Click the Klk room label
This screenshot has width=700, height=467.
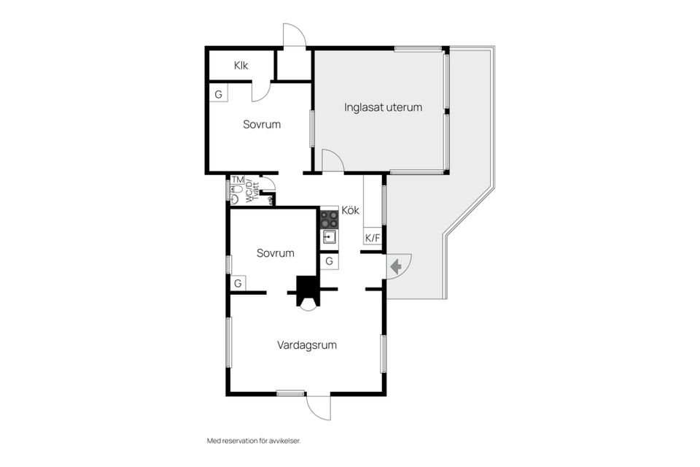tap(241, 66)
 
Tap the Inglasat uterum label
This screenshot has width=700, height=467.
tap(383, 107)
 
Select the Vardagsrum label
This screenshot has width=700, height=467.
tap(307, 345)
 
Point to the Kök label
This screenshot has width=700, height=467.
tap(351, 210)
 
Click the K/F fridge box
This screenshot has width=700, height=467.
tap(373, 238)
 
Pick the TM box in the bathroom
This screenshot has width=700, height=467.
tap(238, 180)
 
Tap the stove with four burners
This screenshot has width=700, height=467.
tap(330, 219)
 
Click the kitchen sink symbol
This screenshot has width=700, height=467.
tap(330, 236)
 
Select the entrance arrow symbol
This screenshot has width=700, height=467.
tap(396, 267)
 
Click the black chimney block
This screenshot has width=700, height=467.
tap(308, 290)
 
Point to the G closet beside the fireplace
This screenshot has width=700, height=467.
tap(330, 261)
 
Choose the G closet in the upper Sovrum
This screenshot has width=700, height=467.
tap(219, 94)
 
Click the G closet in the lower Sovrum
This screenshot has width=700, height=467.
tap(238, 283)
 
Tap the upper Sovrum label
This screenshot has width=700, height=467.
tap(262, 124)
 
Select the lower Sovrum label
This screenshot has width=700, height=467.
tap(276, 253)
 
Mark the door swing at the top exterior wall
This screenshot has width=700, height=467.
tap(295, 34)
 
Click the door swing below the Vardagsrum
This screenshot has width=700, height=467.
tap(319, 408)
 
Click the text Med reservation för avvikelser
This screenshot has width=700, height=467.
tap(254, 441)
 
